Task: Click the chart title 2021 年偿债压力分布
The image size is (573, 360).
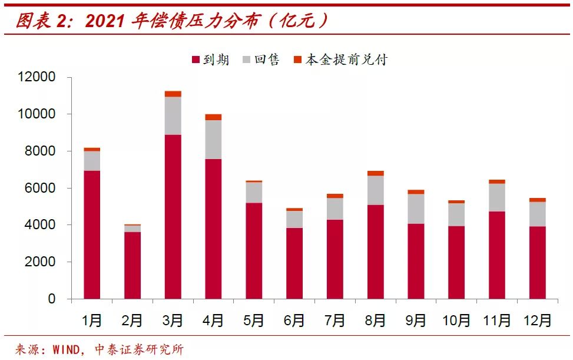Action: point(171,21)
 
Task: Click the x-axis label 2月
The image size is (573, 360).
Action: point(132,321)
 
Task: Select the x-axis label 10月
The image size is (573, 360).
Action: point(456,321)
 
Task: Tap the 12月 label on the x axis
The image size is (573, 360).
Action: point(537,321)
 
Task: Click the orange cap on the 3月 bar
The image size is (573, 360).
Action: point(173,94)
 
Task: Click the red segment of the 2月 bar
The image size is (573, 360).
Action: point(133,265)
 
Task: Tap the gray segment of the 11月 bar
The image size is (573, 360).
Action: point(496,197)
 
